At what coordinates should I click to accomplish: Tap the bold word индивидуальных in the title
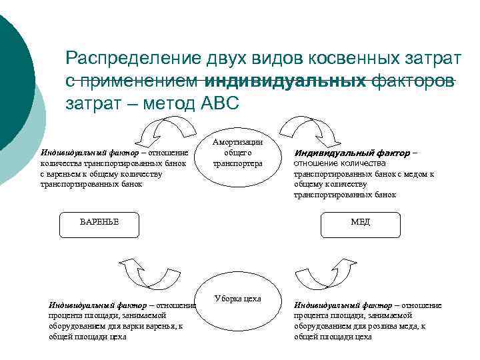tap(287, 81)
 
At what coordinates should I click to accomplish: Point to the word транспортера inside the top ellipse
tap(237, 164)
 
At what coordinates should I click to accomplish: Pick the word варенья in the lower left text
tap(158, 326)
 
